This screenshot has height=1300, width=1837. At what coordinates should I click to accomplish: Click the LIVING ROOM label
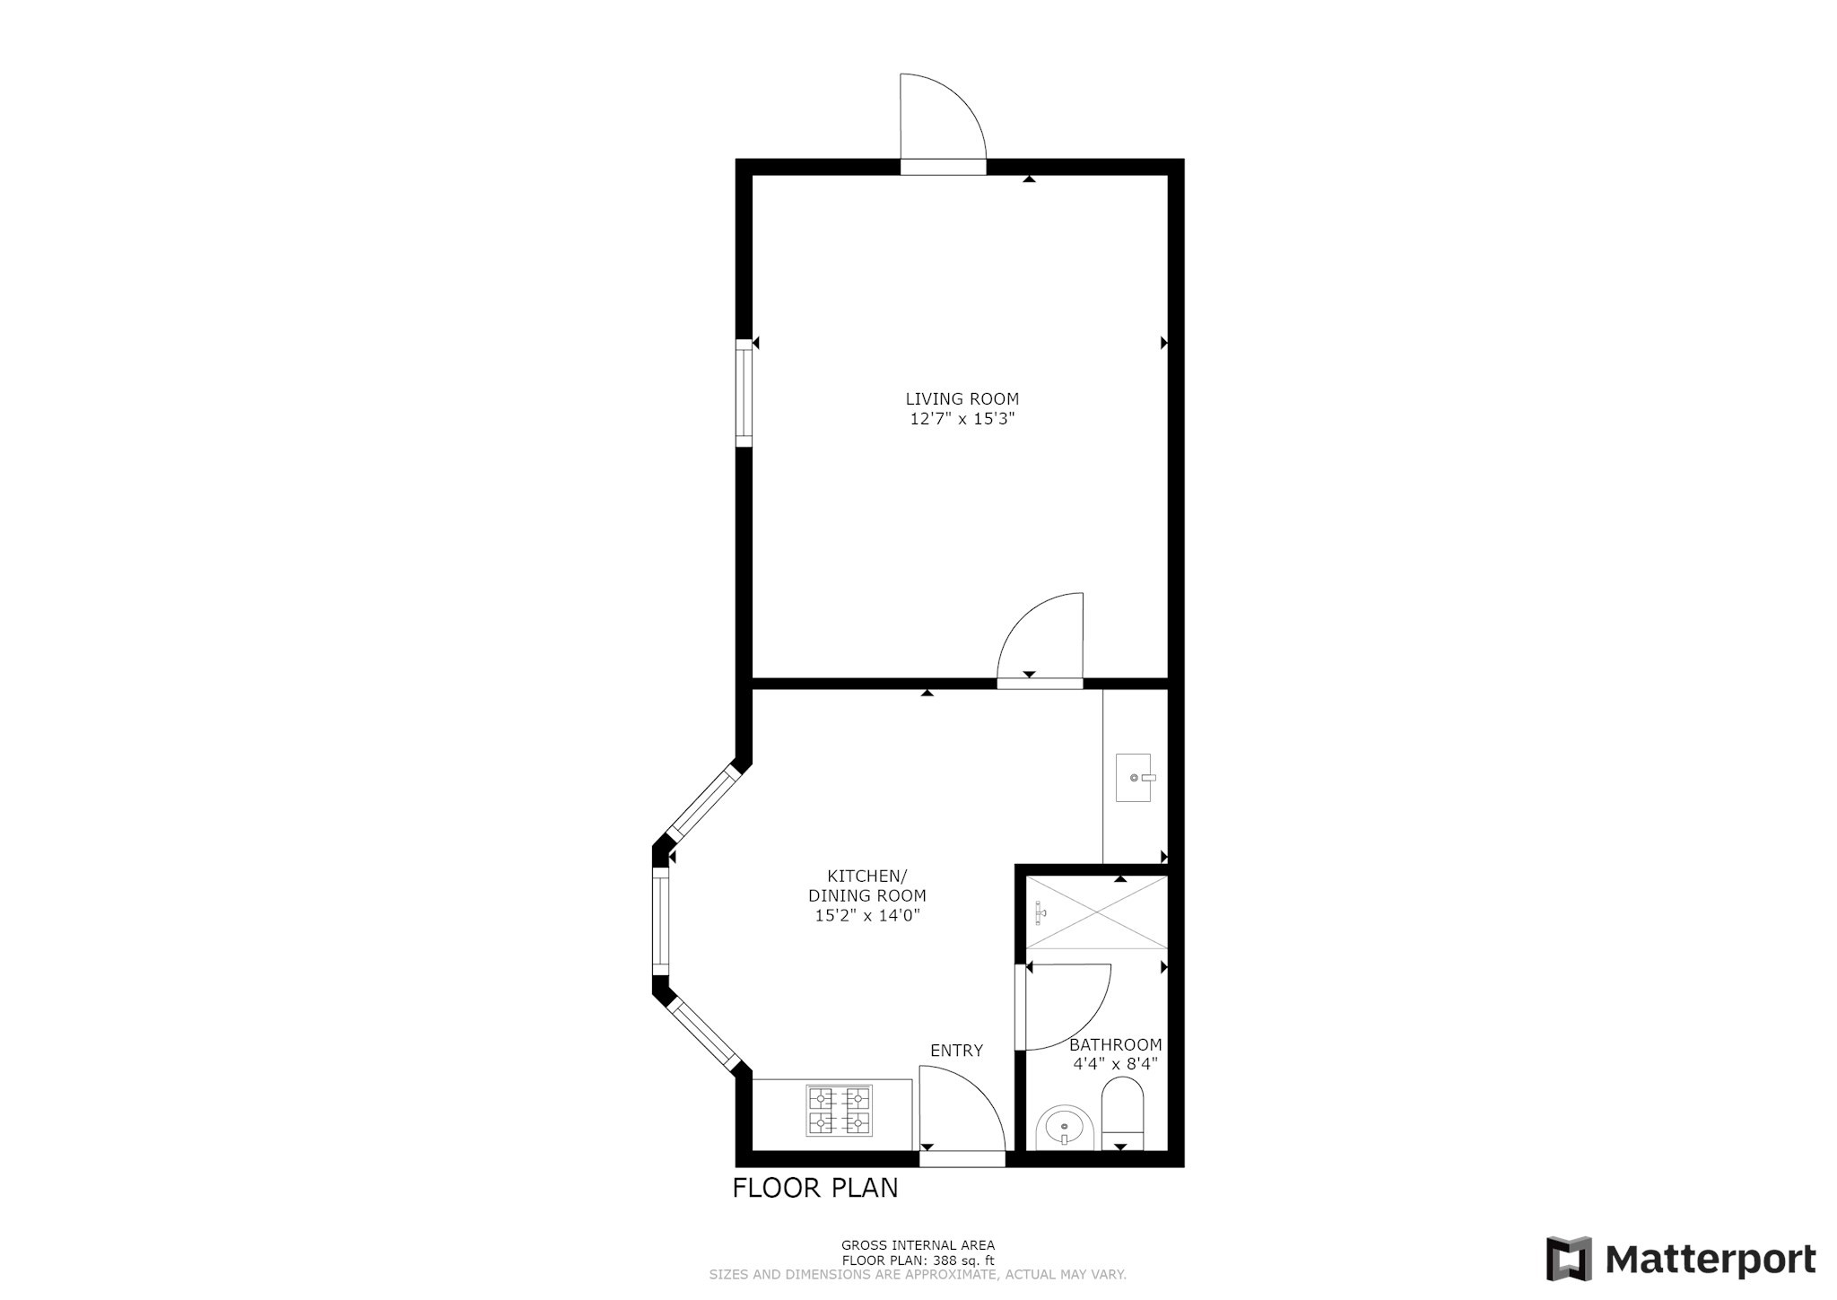[x=962, y=398]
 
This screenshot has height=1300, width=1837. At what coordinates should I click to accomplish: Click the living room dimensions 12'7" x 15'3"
[x=962, y=419]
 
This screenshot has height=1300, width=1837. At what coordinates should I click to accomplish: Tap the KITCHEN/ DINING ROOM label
[x=866, y=886]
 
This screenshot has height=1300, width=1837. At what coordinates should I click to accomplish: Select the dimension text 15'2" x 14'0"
[x=866, y=916]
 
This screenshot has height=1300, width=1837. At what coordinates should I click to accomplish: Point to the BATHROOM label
[x=1115, y=1044]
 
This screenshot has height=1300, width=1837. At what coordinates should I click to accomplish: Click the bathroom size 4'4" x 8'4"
[x=1115, y=1064]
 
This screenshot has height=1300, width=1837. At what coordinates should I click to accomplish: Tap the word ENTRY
[x=956, y=1051]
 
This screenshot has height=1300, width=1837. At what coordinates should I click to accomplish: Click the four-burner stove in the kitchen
[x=840, y=1111]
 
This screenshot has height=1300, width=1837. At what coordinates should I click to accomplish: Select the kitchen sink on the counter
[x=1134, y=777]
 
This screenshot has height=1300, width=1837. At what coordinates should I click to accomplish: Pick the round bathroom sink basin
[x=1064, y=1127]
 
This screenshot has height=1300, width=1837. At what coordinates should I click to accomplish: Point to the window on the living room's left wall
[x=744, y=393]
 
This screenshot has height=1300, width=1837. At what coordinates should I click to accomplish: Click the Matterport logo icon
[x=1569, y=1259]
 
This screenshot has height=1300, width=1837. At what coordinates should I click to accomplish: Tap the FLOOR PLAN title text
[x=814, y=1188]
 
